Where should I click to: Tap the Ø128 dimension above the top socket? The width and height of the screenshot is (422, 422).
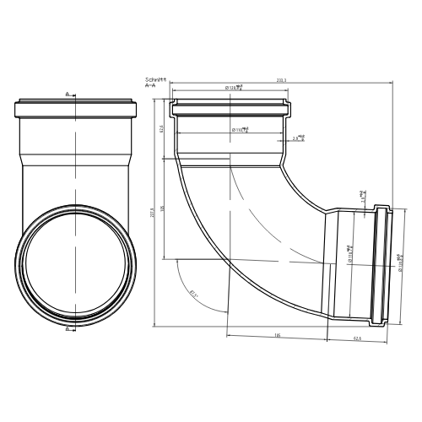point(234,87)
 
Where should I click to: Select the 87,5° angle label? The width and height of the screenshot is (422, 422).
point(194,293)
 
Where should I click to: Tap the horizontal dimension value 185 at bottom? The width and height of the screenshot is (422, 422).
point(278,336)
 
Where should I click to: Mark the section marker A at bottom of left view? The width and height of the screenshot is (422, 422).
point(68,330)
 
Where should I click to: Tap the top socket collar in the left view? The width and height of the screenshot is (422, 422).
point(77,110)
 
